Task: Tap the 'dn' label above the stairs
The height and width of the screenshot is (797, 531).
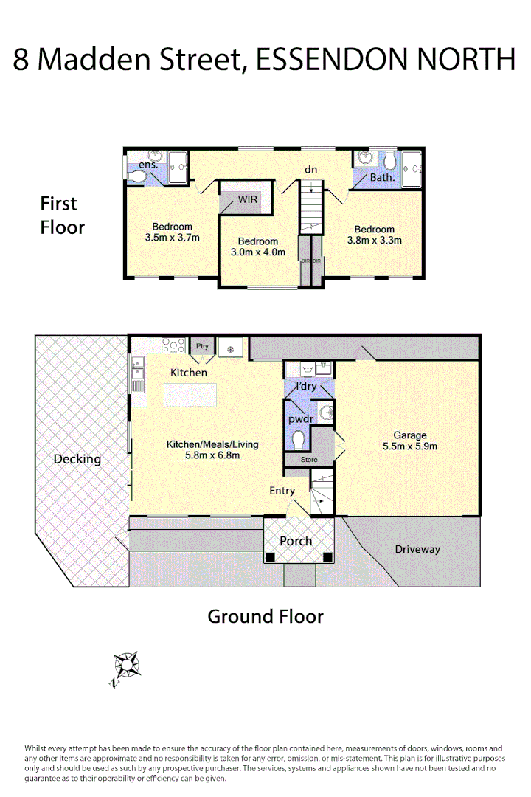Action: (311, 170)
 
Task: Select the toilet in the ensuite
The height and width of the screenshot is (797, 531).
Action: (140, 176)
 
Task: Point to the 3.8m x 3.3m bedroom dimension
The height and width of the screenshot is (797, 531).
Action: (374, 240)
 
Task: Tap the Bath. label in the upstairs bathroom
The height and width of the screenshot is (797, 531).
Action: (382, 177)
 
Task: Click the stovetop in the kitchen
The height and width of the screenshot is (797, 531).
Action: (174, 345)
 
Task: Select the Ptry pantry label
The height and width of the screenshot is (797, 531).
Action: (201, 345)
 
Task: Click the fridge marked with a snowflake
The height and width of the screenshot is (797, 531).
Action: (230, 348)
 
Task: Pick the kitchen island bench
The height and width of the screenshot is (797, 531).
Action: (191, 396)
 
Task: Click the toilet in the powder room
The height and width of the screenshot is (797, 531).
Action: (298, 441)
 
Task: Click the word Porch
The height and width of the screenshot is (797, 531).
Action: (295, 541)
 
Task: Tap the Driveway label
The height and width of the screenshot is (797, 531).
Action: (417, 549)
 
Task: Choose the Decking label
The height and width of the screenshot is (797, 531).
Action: (77, 459)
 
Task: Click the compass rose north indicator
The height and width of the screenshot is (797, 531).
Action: (127, 666)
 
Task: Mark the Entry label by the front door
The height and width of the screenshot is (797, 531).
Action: (282, 491)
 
